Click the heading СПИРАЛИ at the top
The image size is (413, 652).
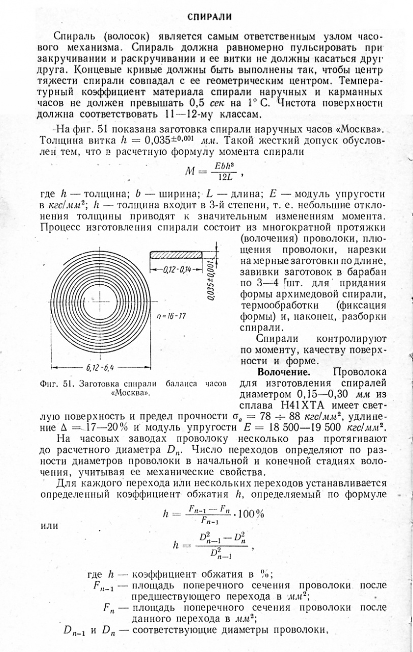[x=210, y=17]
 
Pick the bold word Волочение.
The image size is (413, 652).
[x=281, y=372]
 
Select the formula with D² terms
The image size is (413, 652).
[x=211, y=546]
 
